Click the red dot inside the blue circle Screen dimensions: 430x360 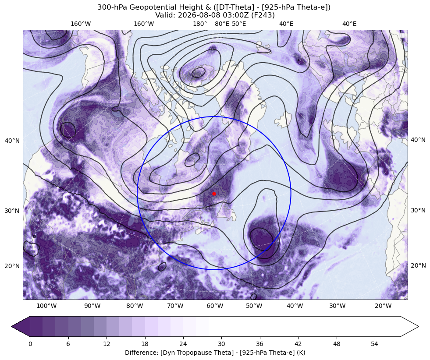[x=214, y=194]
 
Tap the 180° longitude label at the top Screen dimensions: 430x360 [x=200, y=24]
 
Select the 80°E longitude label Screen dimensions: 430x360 [x=222, y=24]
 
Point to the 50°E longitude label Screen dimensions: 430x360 [x=239, y=24]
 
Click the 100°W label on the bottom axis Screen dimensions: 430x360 [x=46, y=306]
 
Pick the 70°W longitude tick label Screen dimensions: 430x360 [x=175, y=306]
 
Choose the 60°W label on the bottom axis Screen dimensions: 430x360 [x=215, y=306]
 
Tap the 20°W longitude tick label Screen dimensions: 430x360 [x=383, y=306]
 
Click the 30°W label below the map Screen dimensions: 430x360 [x=338, y=306]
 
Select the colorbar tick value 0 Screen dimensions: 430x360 [x=30, y=344]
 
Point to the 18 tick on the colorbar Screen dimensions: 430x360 [x=145, y=344]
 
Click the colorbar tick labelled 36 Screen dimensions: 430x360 [x=259, y=344]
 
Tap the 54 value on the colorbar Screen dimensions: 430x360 [x=374, y=344]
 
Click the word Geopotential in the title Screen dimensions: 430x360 [x=147, y=7]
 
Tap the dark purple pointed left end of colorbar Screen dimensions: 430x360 [x=21, y=326]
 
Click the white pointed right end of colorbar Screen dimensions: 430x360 [x=409, y=326]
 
